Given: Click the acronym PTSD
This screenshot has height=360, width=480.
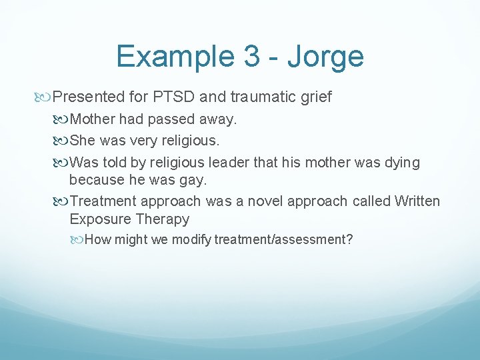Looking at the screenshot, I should tap(174, 97).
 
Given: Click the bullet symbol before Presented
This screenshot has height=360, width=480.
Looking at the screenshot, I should tap(46, 97).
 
